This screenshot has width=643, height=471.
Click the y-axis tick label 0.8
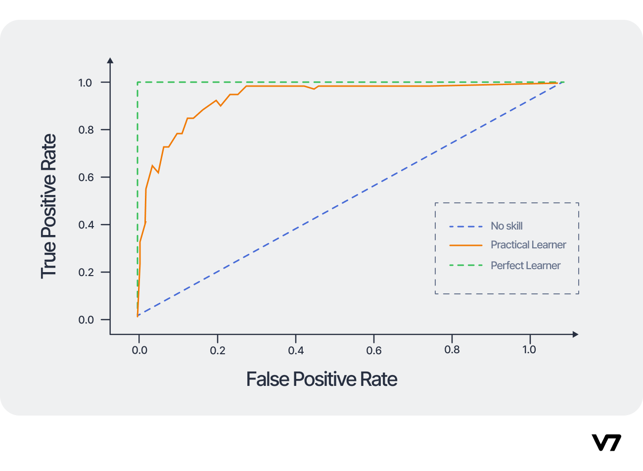pos(86,130)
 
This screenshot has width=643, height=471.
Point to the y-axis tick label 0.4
pos(86,225)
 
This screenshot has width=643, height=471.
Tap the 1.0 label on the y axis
pos(86,83)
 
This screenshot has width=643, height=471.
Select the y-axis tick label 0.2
pos(86,273)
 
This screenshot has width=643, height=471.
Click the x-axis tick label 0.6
pos(374,350)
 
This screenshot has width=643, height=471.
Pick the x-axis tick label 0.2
pos(218,350)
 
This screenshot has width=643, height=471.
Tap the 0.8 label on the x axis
pos(452,350)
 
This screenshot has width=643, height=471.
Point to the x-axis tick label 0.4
pos(296,350)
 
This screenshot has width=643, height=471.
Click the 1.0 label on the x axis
pos(529,350)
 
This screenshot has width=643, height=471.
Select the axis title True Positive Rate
pos(48,206)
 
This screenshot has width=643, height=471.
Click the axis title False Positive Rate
pos(321,379)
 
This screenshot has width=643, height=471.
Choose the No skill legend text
pos(506,226)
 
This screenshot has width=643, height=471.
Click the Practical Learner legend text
pos(528,245)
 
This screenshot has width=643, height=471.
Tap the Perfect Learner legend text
pos(525,266)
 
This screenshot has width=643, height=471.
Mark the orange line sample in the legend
pos(465,245)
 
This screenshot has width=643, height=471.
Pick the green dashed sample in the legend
pos(465,266)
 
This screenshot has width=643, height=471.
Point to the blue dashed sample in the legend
pos(465,227)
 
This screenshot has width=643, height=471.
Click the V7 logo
pos(606,442)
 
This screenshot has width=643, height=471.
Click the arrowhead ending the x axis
pos(575,334)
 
